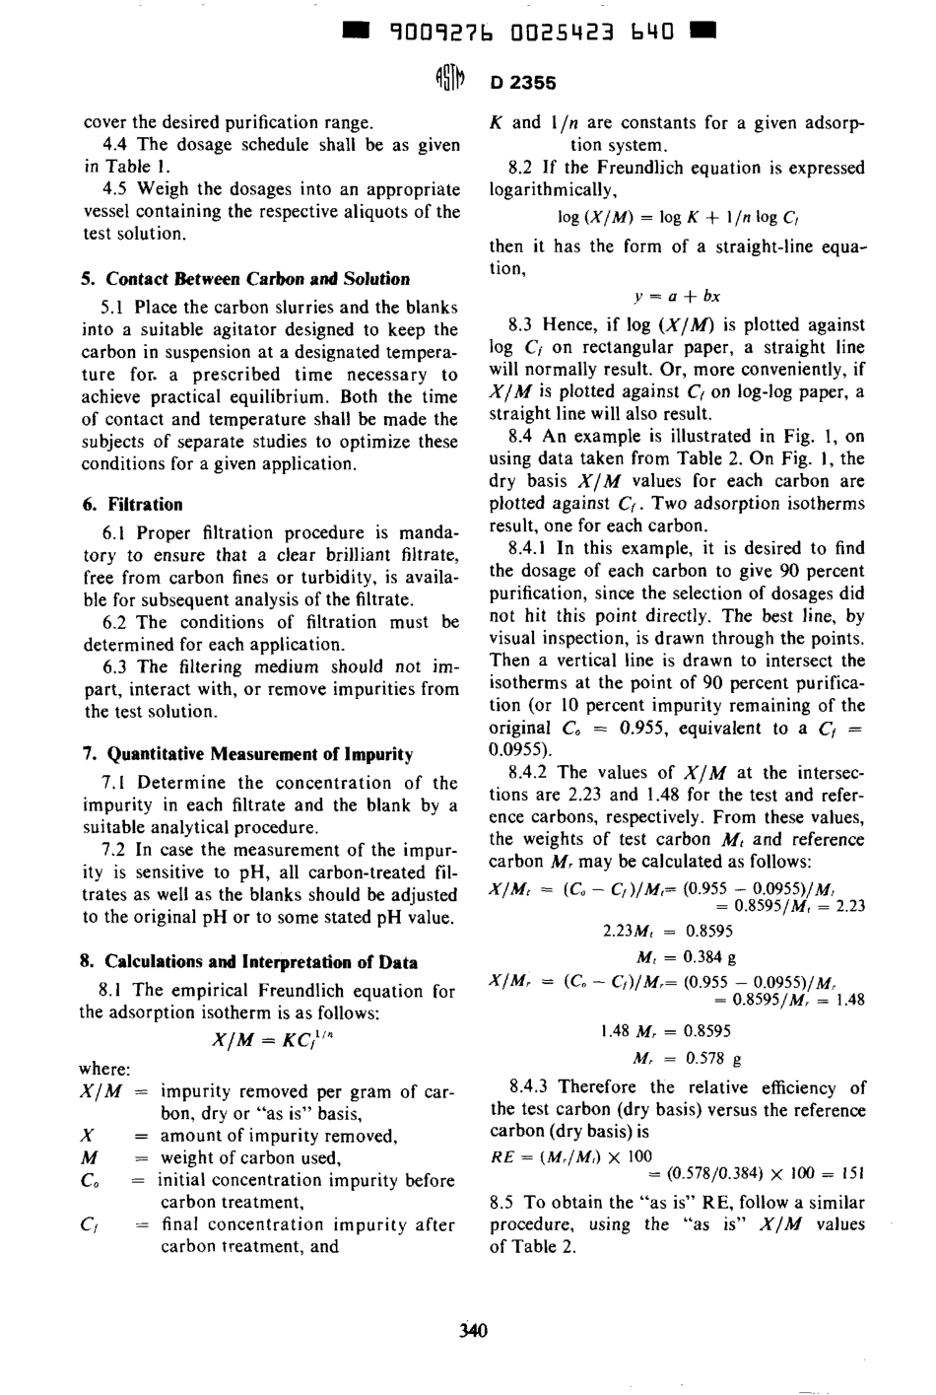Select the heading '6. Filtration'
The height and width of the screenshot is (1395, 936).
[133, 505]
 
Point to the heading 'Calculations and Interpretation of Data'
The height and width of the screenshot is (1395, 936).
[261, 962]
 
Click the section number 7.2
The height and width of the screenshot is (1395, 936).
[117, 850]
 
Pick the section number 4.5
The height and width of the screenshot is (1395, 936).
[117, 189]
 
